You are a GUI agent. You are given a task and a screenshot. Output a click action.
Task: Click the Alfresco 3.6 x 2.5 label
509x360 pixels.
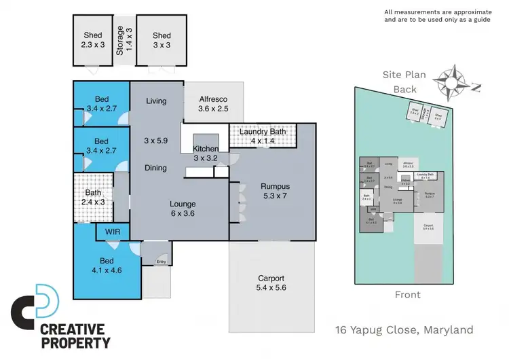point(212,103)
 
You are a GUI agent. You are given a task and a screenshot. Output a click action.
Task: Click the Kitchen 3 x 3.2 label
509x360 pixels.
point(206,154)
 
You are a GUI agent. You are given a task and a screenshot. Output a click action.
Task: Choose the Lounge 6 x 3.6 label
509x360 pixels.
point(183,209)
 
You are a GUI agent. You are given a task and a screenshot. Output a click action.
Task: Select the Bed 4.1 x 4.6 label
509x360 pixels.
point(107,264)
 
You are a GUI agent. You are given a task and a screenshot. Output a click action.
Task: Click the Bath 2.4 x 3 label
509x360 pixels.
point(94,197)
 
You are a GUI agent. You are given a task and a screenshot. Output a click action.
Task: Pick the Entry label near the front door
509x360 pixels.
point(161,262)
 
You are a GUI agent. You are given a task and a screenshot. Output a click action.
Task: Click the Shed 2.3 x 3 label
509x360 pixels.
point(93,41)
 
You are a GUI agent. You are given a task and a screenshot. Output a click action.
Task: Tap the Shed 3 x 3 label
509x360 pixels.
point(162,41)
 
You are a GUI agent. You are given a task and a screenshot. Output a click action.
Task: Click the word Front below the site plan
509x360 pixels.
point(407,295)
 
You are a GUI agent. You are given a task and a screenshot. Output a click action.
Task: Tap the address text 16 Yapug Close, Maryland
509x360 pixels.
point(404,331)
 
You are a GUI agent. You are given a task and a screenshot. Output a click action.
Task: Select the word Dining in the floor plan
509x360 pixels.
point(156,168)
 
